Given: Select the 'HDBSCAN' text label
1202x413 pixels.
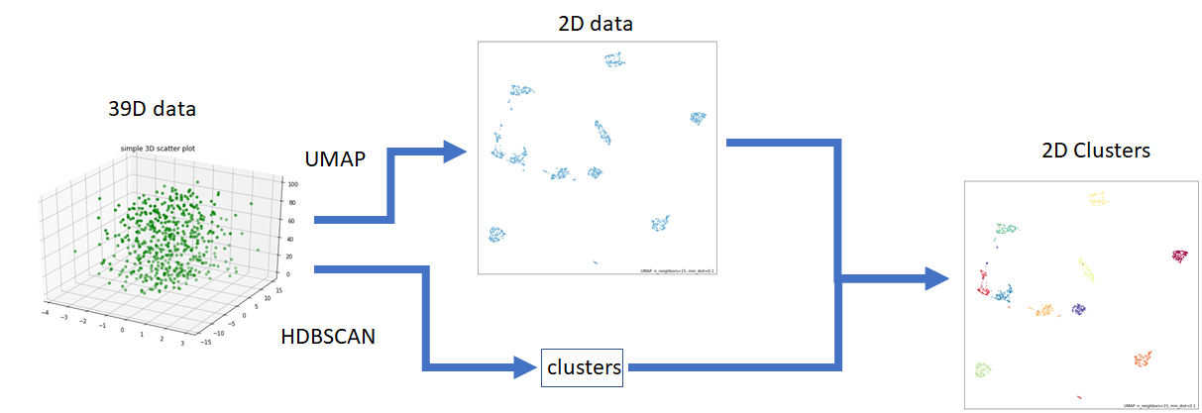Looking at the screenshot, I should pos(329,338).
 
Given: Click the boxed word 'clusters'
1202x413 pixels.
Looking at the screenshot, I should pos(583,367).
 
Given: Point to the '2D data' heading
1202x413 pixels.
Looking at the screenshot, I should pos(596,23).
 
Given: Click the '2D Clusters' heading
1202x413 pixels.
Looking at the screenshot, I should pos(1096,151).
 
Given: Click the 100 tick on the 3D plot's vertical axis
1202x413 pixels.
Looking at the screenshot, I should pos(293,184).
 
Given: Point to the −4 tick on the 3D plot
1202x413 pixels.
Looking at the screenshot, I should pos(46,314).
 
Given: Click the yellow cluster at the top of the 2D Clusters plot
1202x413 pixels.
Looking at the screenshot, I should pos(1097,199).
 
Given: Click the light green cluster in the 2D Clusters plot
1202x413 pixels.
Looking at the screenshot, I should pos(983,369).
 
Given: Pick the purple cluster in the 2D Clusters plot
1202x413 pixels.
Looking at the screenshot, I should pos(1078,310).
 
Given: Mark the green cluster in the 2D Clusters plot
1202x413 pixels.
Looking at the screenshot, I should pos(1007,231).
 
